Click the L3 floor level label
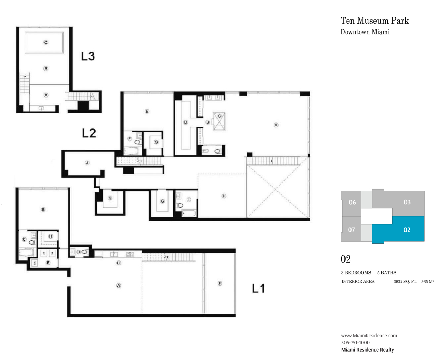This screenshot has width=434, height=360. pos(88,56)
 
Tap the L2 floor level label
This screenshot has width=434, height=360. pos(89,133)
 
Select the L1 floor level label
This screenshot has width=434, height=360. pos(258,288)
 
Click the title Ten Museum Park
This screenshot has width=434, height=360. pos(374,20)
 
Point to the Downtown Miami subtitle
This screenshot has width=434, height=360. pos(365,32)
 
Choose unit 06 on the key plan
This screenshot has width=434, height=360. pos(352,202)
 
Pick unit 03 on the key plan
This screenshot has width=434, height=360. pos(407,202)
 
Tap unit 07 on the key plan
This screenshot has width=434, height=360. pos(352,230)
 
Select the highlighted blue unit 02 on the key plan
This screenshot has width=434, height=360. pos(407,230)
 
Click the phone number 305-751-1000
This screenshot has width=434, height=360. pos(355,342)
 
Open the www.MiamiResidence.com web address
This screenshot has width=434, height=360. pos(369,335)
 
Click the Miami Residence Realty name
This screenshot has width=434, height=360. pos(367,350)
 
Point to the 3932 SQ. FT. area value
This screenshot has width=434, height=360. pos(405,282)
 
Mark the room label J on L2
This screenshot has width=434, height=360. pos(87,163)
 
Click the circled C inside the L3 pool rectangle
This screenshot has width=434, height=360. pos(46,42)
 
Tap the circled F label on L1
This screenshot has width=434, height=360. pos(220,283)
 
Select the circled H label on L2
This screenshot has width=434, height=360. pos(224,196)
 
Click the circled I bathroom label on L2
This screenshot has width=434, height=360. pos(189,199)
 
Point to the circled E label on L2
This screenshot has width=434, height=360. pos(147,111)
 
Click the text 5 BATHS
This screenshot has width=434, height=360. pos(387,272)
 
